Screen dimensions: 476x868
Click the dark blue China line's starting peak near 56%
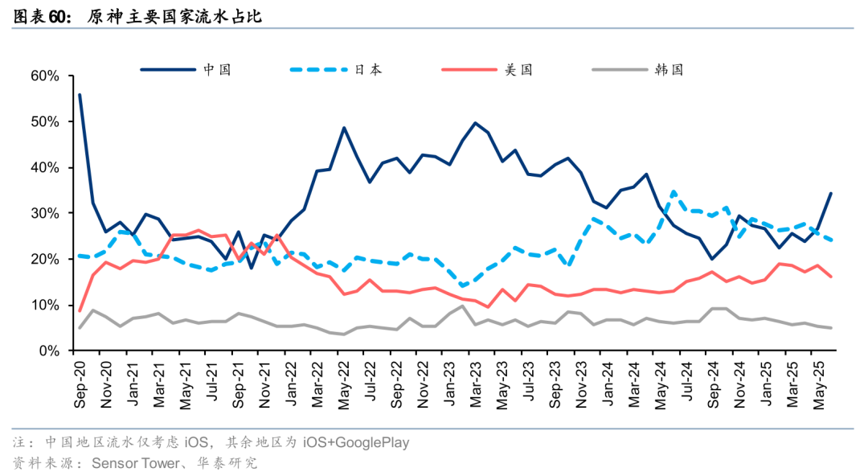point(79,95)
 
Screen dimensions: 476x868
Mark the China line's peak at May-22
point(344,128)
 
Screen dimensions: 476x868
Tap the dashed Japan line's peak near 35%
point(674,191)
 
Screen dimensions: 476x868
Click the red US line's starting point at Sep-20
point(79,310)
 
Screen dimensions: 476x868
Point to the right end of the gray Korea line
point(831,327)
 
